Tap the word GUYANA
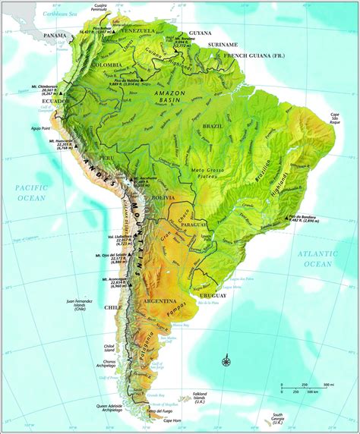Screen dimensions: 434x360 (x=200, y=33)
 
